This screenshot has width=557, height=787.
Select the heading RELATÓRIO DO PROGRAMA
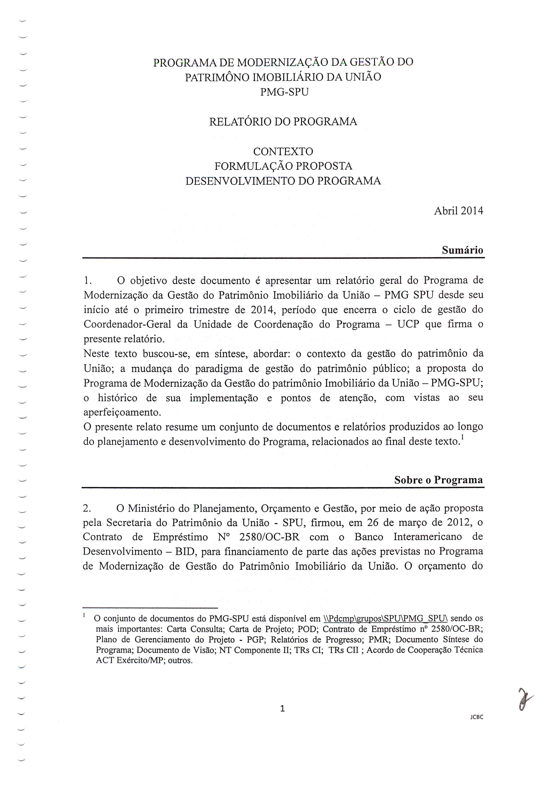[x=283, y=122]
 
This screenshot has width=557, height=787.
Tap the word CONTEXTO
[x=283, y=151]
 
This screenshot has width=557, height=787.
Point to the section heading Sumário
[x=462, y=250]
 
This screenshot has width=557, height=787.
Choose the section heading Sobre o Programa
[x=438, y=480]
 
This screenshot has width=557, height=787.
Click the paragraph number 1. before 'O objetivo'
[x=88, y=281]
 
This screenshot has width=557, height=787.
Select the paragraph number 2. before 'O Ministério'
[x=87, y=508]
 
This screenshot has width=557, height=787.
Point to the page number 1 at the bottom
[x=282, y=708]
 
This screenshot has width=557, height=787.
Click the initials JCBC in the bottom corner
[x=477, y=717]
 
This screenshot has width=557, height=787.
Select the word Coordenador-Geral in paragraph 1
[x=127, y=324]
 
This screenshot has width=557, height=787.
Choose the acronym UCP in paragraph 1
[x=408, y=324]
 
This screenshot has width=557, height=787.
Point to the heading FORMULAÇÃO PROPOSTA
[x=283, y=166]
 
